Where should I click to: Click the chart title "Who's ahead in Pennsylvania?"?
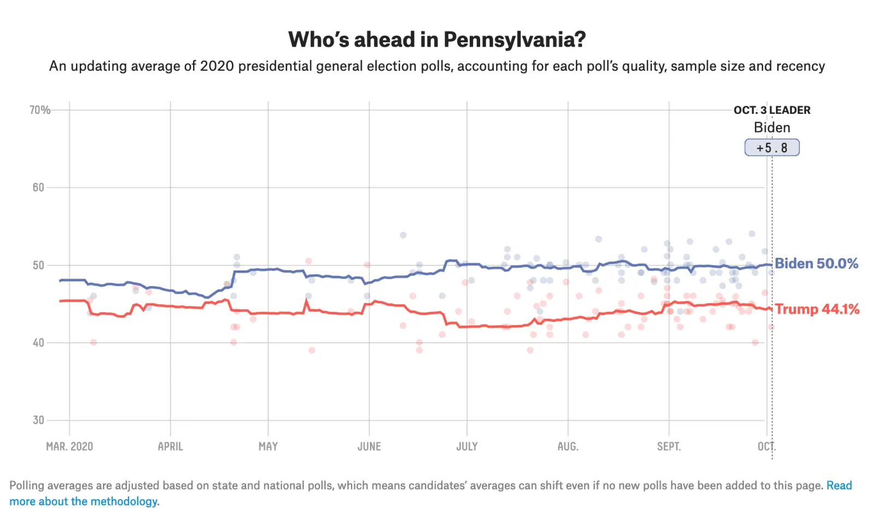click(437, 39)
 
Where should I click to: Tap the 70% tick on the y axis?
click(40, 110)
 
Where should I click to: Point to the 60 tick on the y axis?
click(38, 188)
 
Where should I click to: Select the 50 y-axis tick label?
click(38, 265)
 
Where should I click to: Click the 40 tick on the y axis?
click(38, 343)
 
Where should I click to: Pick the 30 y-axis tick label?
click(38, 420)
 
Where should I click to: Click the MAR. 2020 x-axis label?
click(69, 447)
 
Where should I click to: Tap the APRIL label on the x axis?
click(170, 447)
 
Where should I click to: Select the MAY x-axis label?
click(268, 447)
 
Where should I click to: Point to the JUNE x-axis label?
click(369, 447)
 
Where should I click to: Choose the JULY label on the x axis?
click(467, 447)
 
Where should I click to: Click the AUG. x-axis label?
click(568, 447)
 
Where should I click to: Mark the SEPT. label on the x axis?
click(669, 447)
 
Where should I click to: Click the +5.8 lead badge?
click(772, 148)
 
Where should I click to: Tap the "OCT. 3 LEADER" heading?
click(772, 110)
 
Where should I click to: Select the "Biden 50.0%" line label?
click(816, 263)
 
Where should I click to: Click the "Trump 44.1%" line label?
click(817, 309)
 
